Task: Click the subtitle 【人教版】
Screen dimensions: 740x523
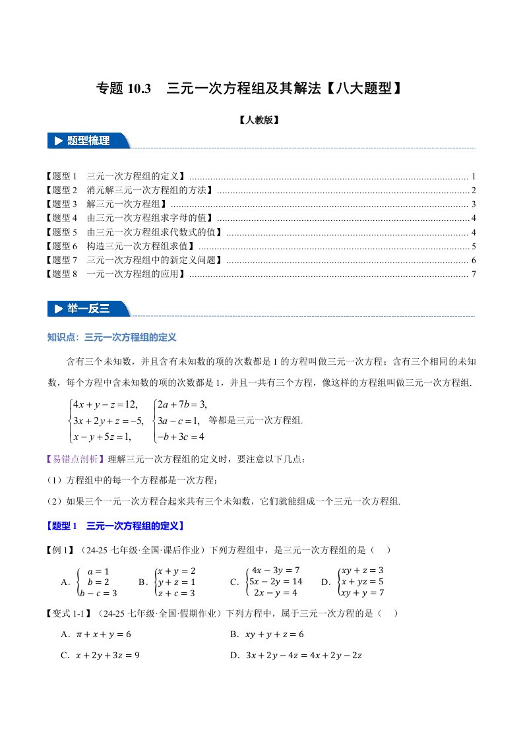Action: pos(261,121)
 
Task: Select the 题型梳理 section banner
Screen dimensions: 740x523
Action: pos(89,140)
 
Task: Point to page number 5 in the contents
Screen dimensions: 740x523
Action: pos(474,246)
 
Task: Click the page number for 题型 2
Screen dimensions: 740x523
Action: pos(474,190)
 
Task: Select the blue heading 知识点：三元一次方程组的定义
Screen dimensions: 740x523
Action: pos(112,337)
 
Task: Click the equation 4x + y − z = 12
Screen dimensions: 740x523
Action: pos(104,404)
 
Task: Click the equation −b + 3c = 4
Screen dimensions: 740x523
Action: pos(178,436)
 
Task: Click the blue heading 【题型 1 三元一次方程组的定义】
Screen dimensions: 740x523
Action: pos(115,526)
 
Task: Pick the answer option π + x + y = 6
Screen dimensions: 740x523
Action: pos(104,634)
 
